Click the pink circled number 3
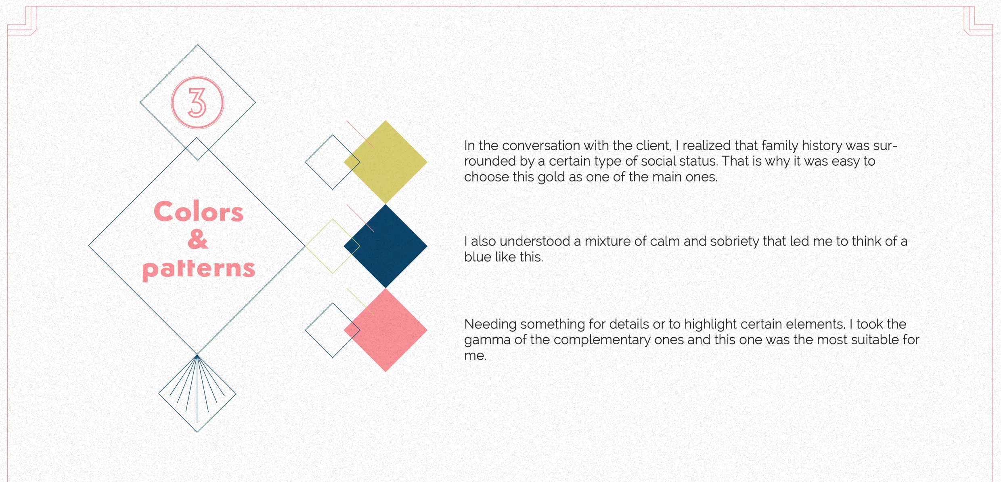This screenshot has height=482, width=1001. click(197, 103)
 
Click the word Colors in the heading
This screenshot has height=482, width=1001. click(199, 211)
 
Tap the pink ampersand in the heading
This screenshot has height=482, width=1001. click(198, 239)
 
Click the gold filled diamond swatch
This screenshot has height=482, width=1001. click(385, 162)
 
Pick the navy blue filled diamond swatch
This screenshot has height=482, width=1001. click(385, 246)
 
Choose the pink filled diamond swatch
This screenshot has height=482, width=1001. click(385, 330)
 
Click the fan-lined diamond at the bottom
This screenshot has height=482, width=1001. click(197, 394)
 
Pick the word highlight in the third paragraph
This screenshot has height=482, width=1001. click(710, 324)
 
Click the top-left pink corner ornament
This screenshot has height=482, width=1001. click(22, 21)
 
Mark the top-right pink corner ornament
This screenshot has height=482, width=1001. click(978, 21)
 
